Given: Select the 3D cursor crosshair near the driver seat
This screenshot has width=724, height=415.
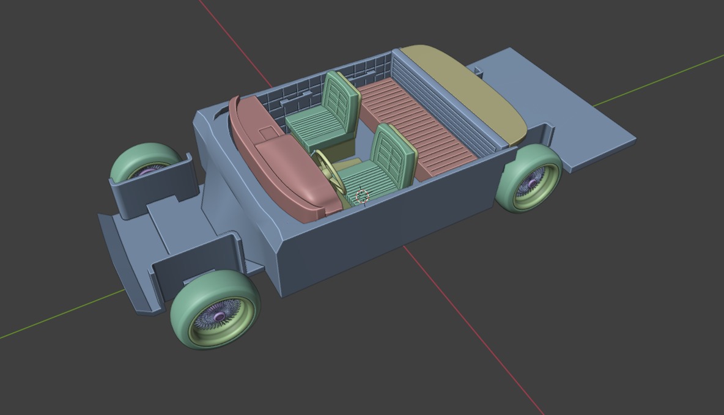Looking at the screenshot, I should [362, 196].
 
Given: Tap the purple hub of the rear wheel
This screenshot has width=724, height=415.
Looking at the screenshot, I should [534, 182].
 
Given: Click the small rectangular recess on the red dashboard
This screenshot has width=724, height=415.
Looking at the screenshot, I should [268, 132].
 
